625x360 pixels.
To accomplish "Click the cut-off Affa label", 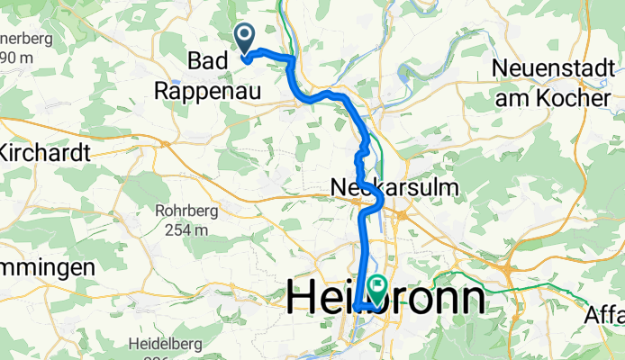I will (x=603, y=316).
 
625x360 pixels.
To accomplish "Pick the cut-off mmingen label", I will (x=47, y=267).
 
